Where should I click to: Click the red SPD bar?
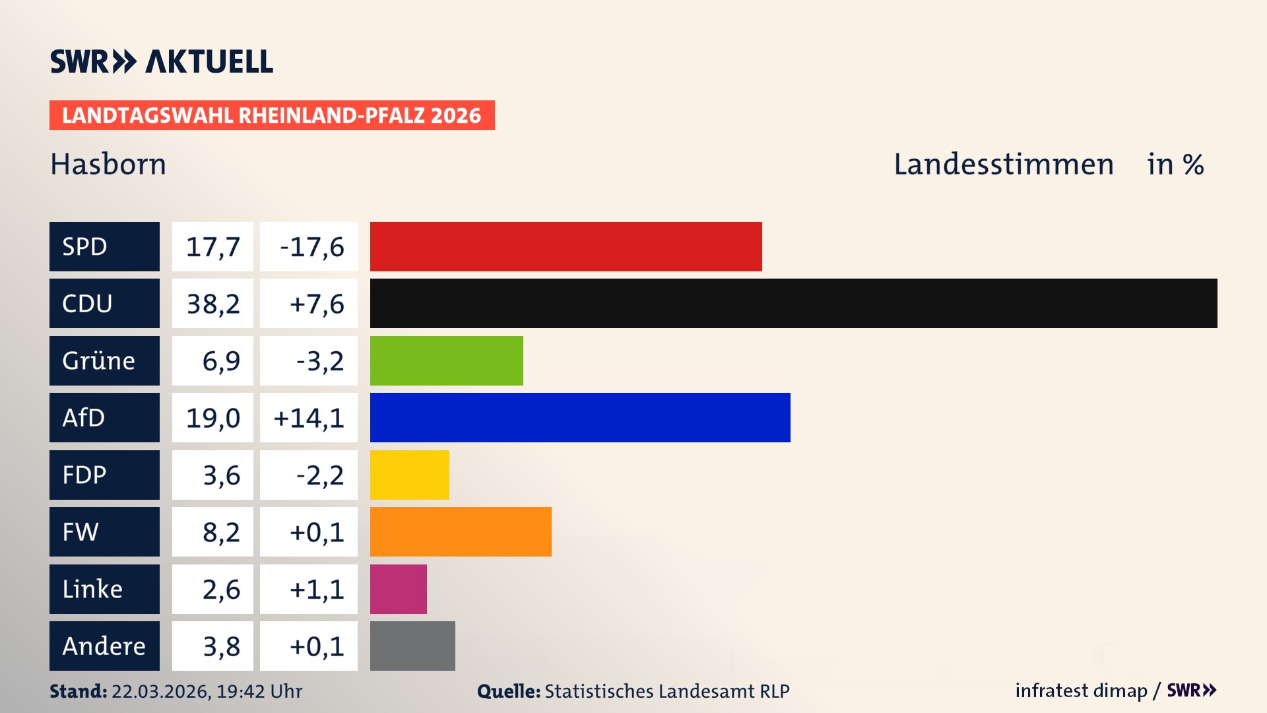pyautogui.click(x=566, y=246)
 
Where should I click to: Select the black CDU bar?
pyautogui.click(x=793, y=303)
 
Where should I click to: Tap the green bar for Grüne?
pyautogui.click(x=446, y=360)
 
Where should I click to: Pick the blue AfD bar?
pyautogui.click(x=580, y=417)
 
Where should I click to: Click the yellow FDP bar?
pyautogui.click(x=409, y=475)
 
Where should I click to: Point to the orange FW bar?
pyautogui.click(x=461, y=531)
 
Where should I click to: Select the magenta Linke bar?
pyautogui.click(x=398, y=589)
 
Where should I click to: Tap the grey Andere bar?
pyautogui.click(x=412, y=646)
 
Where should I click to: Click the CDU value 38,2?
pyautogui.click(x=212, y=304)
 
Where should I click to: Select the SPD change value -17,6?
pyautogui.click(x=311, y=247)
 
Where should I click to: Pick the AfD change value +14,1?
pyautogui.click(x=308, y=418)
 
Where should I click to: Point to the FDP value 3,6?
pyautogui.click(x=221, y=475)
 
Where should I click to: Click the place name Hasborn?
pyautogui.click(x=108, y=164)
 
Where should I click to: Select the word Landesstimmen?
pyautogui.click(x=1003, y=164)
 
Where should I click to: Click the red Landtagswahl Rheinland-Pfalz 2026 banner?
pyautogui.click(x=272, y=115)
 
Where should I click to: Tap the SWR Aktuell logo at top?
pyautogui.click(x=162, y=61)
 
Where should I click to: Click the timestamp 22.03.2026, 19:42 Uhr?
pyautogui.click(x=207, y=691)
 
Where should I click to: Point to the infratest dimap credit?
pyautogui.click(x=1081, y=691)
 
